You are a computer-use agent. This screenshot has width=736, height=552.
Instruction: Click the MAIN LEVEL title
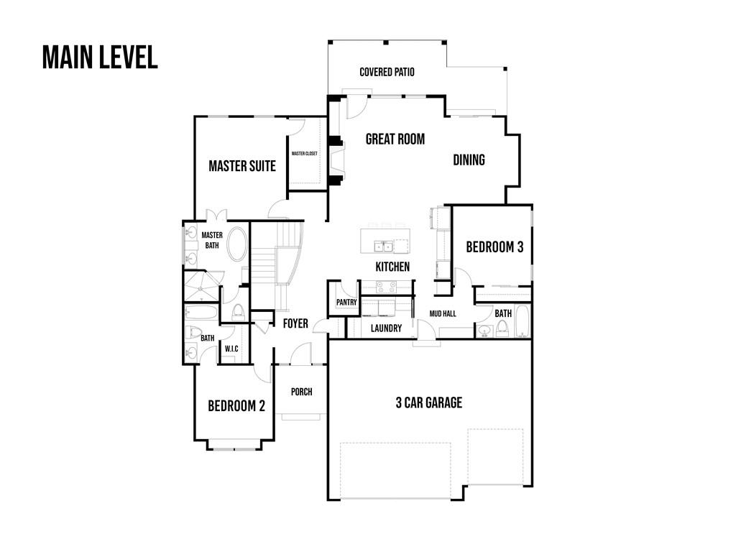point(100,57)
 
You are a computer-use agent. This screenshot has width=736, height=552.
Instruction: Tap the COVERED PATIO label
point(387,72)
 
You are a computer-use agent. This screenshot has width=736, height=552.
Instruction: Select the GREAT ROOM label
point(395,139)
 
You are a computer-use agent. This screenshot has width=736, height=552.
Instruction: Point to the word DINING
point(469,160)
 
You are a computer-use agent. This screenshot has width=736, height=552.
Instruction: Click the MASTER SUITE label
point(242,166)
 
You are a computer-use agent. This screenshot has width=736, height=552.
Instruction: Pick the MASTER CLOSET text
point(304,154)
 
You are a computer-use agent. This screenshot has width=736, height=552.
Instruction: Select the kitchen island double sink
point(382,247)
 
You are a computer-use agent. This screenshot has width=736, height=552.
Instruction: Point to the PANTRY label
point(346,303)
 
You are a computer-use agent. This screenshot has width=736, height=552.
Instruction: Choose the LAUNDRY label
point(386,328)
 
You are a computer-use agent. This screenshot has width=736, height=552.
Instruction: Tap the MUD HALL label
point(443,314)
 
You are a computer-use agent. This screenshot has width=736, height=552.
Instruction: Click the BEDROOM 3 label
point(494,247)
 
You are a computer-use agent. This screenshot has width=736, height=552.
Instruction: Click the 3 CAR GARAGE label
point(428,402)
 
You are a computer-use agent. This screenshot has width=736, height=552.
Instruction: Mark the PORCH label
point(301,392)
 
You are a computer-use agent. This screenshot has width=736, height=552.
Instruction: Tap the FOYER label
point(295,323)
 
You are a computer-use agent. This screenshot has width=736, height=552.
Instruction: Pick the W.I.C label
point(231,349)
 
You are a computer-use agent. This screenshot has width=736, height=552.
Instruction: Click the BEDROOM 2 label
point(236,406)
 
